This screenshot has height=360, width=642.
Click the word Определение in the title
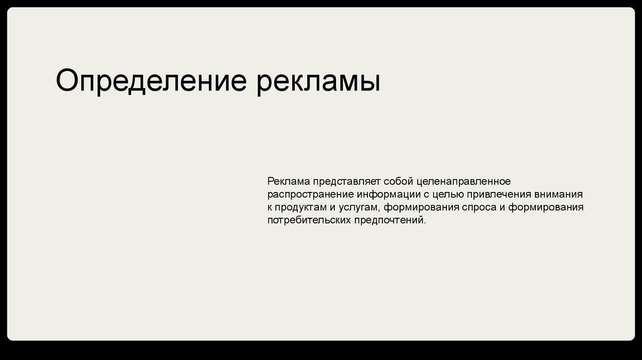pos(151,81)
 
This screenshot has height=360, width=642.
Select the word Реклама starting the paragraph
pos(288,181)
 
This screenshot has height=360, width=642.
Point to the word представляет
pos(347,182)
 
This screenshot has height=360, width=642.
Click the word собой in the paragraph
pos(398,181)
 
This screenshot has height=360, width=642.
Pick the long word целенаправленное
pos(463,182)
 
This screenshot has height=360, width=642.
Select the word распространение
pos(310,195)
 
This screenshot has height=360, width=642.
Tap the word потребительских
pos(309,220)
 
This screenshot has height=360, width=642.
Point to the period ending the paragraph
pos(425,224)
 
